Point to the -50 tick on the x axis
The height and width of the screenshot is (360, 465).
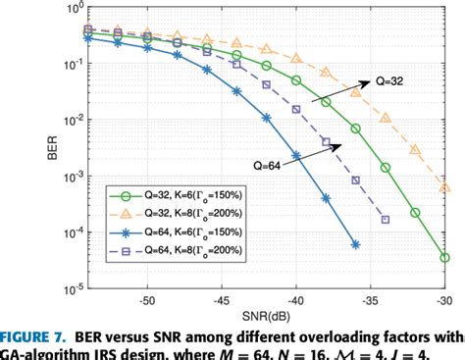point(148,302)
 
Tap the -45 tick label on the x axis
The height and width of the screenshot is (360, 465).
point(223,302)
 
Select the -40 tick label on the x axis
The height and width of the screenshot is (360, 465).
point(297,302)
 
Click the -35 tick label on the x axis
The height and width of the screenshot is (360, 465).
point(372,302)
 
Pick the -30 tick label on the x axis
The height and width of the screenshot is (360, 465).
point(445,302)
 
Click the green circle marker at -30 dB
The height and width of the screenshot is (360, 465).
point(445,257)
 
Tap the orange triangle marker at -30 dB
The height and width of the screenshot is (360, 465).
point(445,186)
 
